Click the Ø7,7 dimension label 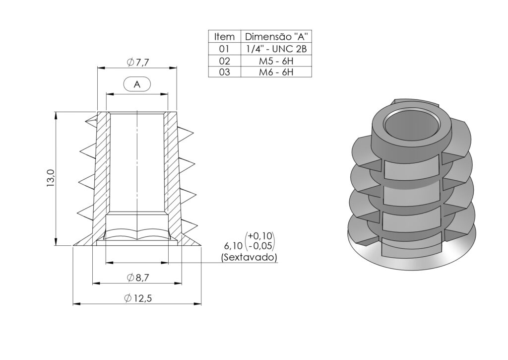(138, 63)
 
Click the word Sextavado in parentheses (249, 257)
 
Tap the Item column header (223, 37)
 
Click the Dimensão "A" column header (276, 37)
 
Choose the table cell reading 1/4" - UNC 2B (276, 49)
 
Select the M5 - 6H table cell (276, 61)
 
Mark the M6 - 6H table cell (276, 72)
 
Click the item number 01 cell (224, 49)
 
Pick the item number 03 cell (224, 72)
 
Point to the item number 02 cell (224, 61)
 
